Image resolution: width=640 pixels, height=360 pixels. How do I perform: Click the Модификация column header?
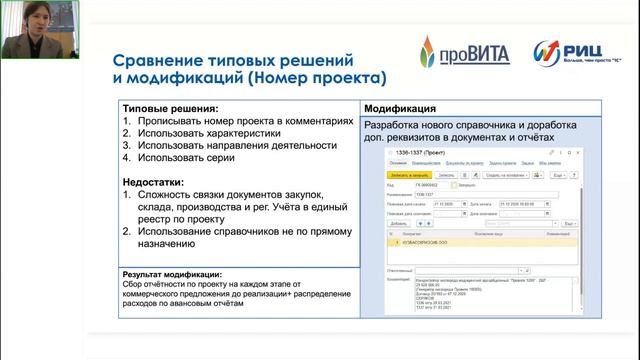[x=399, y=108]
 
